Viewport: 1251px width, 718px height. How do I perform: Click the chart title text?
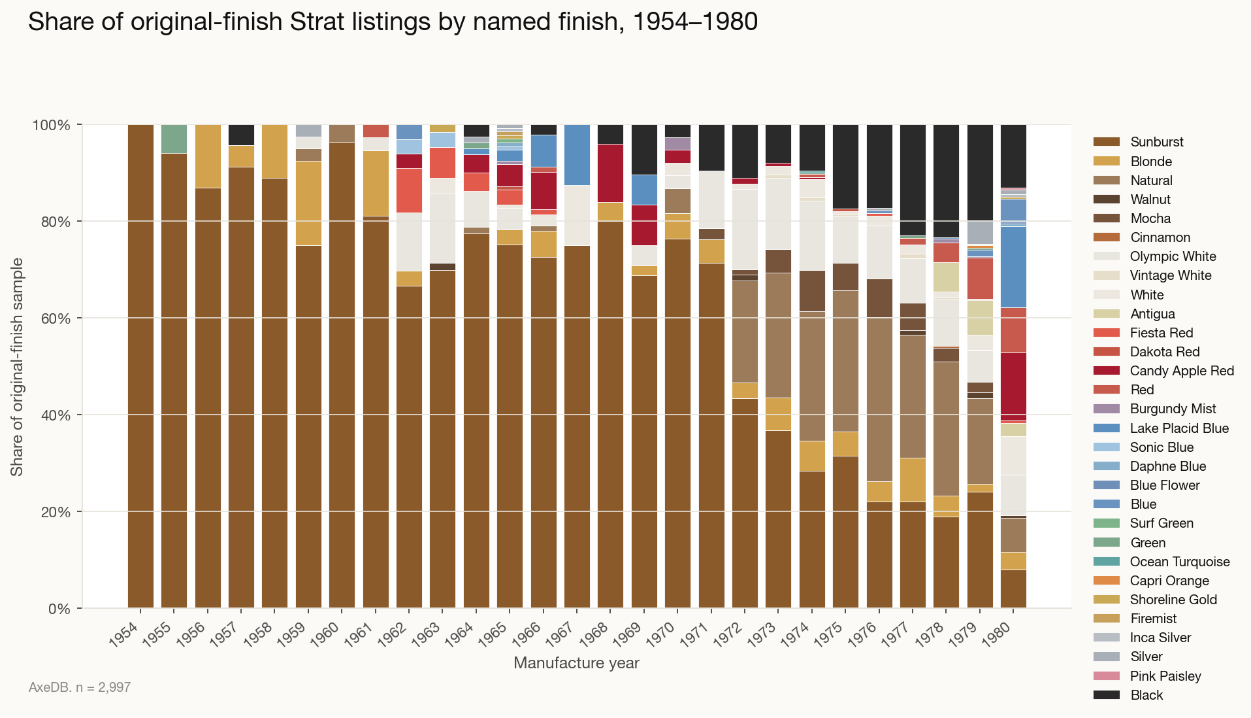(393, 22)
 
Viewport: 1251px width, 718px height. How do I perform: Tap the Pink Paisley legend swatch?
(1106, 676)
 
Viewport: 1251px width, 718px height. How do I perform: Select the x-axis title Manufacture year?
(576, 663)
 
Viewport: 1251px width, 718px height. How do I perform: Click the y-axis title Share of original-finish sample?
(17, 366)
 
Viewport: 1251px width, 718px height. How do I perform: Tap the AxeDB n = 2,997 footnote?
(80, 687)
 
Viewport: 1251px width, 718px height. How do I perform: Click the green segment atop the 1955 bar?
(174, 139)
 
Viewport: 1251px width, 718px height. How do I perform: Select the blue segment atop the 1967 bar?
(577, 154)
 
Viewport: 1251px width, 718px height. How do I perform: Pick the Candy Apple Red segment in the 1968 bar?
(610, 173)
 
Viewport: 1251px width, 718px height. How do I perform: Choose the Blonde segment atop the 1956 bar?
(208, 156)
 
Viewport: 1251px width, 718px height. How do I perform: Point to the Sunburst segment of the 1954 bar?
(140, 366)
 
